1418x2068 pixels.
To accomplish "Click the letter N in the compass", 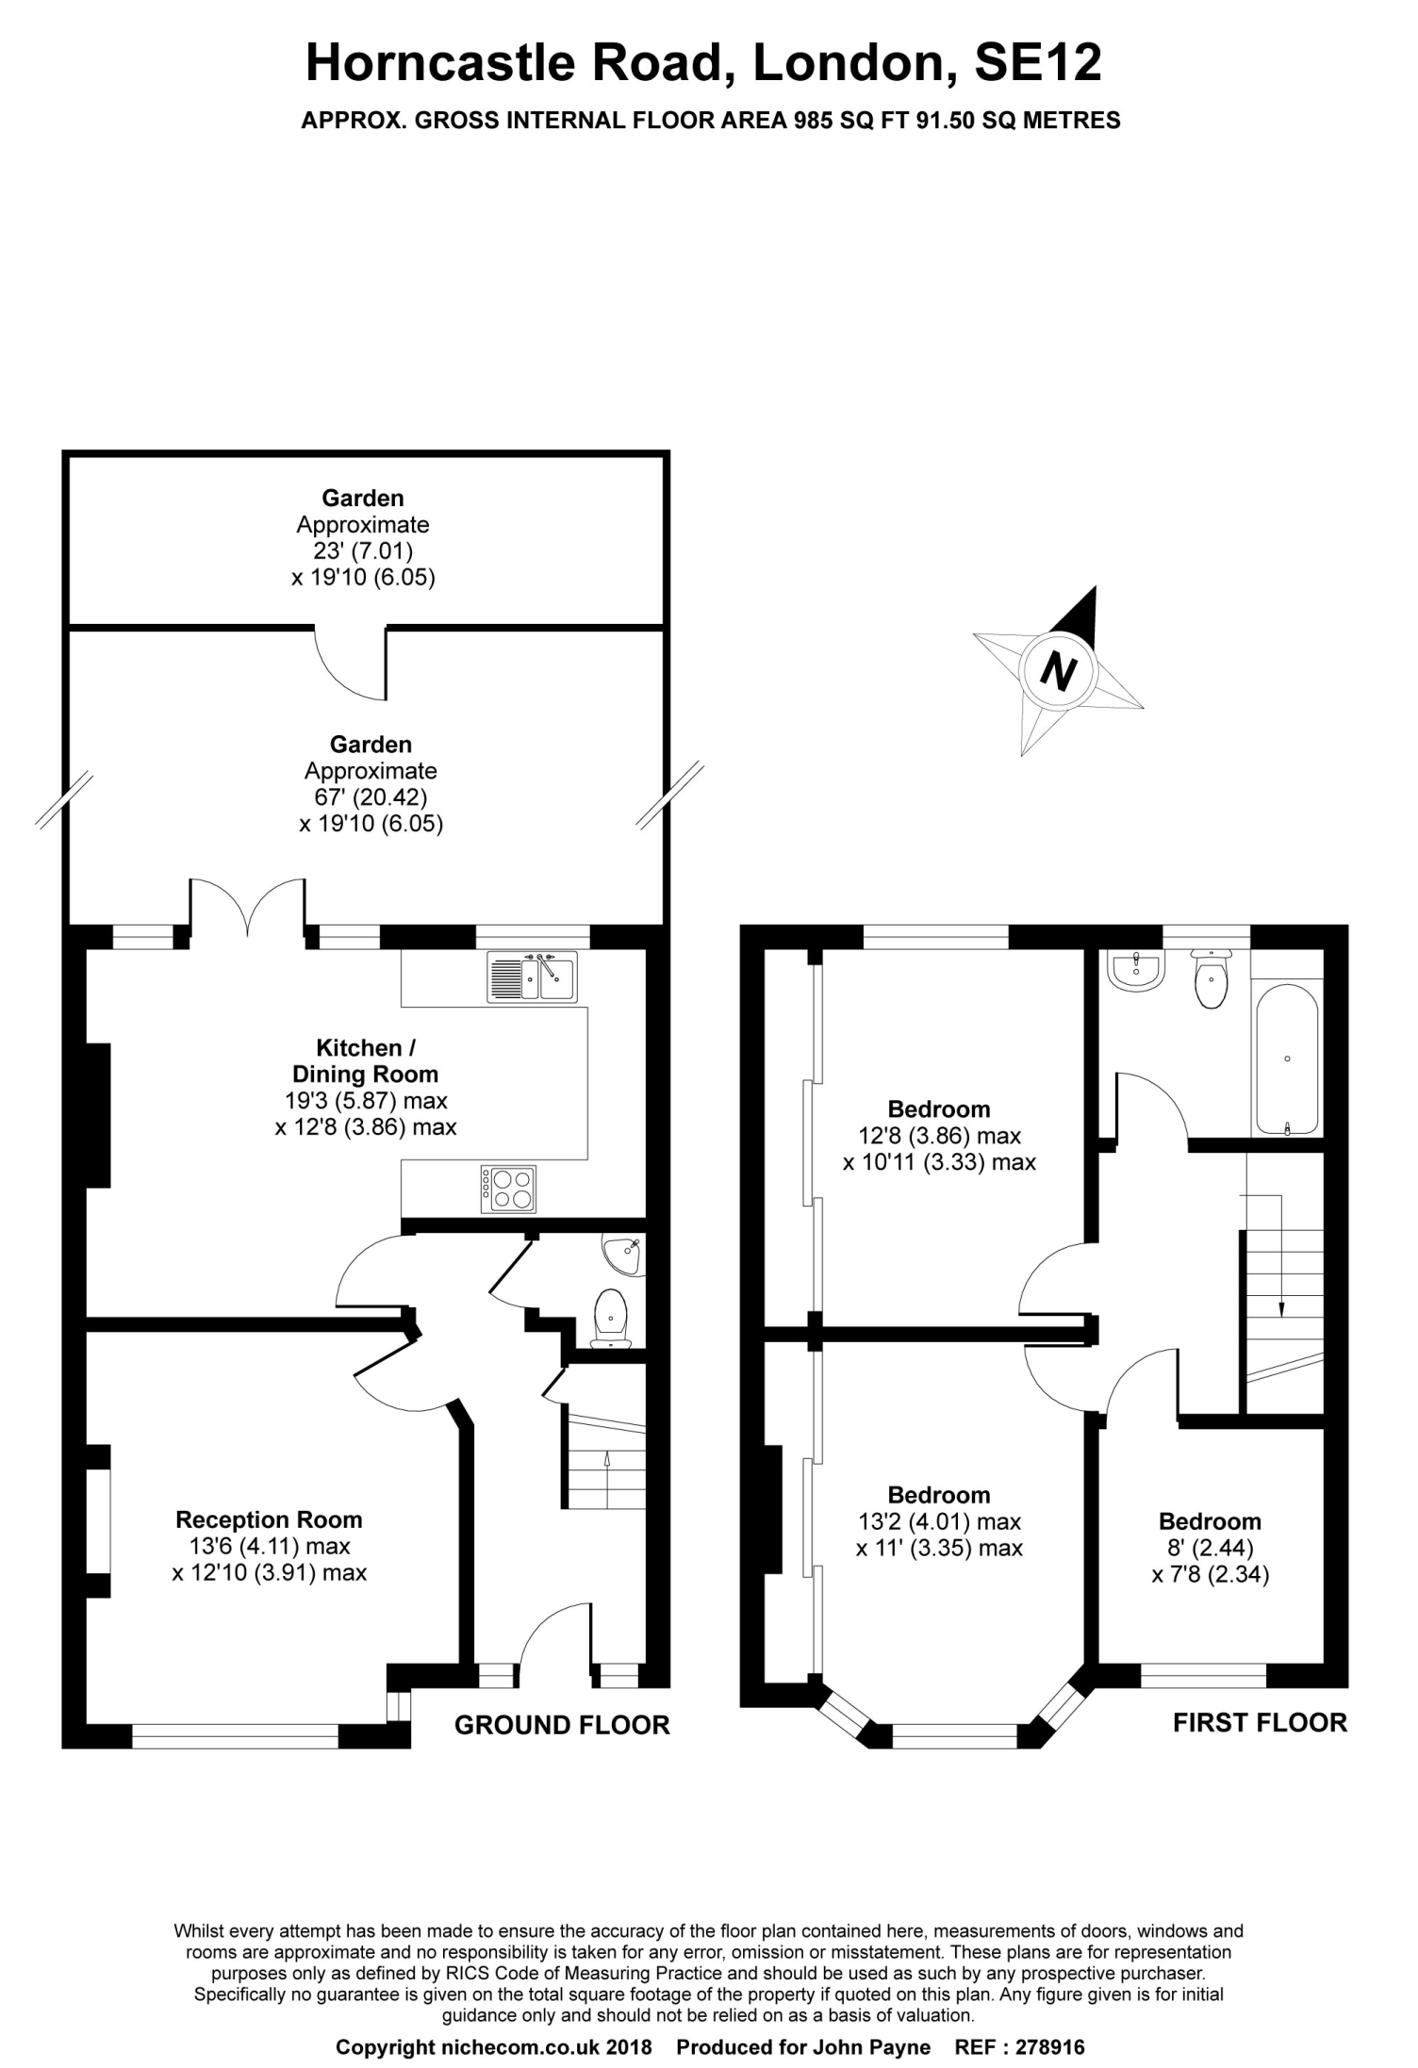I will coord(1058,672).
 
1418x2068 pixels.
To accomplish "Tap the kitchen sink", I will coord(533,977).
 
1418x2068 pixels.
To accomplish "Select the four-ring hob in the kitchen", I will coord(509,1190).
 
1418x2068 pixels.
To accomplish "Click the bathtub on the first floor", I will coord(1287,1059).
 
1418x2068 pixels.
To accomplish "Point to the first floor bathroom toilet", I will coord(1210,980).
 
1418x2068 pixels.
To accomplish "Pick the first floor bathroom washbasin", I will coord(1137,971).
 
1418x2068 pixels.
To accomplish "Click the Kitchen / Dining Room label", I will coord(366,1060).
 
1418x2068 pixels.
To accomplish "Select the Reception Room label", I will coord(269,1519).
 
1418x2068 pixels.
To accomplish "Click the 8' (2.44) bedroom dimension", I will coord(1210,1548).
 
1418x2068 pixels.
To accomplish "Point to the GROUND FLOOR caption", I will coord(562,1725).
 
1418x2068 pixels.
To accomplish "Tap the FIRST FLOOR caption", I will coord(1260,1722).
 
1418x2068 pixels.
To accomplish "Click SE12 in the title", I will coord(1037,64).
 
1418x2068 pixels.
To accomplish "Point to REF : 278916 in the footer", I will coord(1020,2047).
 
